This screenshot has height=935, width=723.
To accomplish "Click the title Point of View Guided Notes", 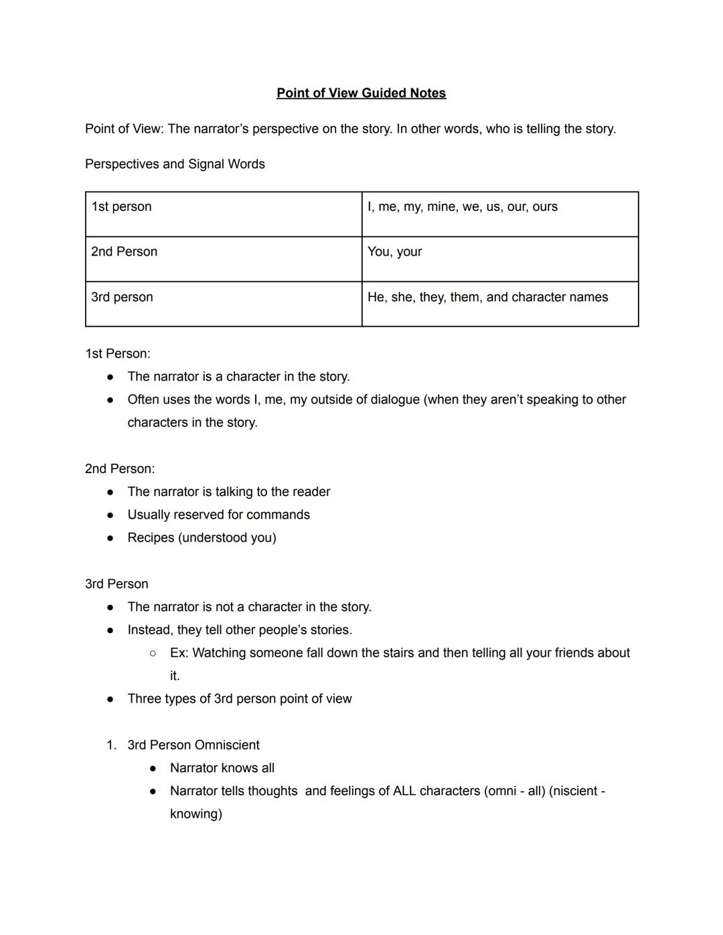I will (x=361, y=93).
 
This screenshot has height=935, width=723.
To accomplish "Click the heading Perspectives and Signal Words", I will (x=175, y=164).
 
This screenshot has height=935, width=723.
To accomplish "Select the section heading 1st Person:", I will (x=117, y=353).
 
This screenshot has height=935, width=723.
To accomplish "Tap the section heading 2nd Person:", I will (x=119, y=469).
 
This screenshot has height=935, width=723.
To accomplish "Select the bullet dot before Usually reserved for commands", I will (x=110, y=515).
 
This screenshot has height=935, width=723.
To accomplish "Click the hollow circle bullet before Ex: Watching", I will (x=153, y=653).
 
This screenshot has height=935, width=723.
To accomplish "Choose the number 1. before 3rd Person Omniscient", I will (x=111, y=745).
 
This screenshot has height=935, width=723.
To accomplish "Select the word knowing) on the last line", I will (x=195, y=814).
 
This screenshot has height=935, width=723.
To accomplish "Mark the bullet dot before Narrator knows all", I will (x=153, y=768).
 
